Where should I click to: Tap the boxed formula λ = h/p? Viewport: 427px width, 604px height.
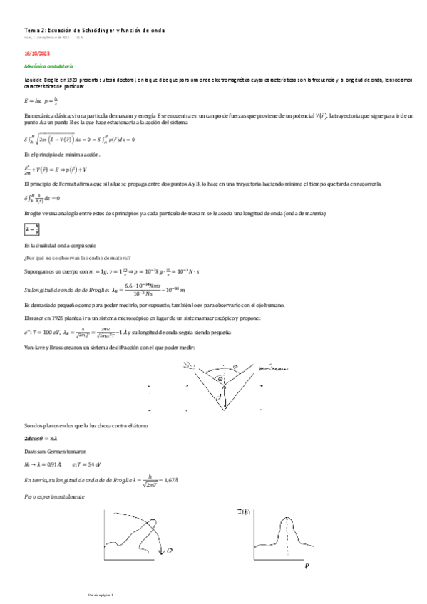pyautogui.click(x=31, y=229)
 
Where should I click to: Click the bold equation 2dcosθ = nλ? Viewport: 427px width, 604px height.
pyautogui.click(x=41, y=439)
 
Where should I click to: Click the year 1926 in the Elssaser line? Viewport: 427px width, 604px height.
pyautogui.click(x=56, y=318)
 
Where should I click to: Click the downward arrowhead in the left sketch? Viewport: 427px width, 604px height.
pyautogui.click(x=160, y=551)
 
